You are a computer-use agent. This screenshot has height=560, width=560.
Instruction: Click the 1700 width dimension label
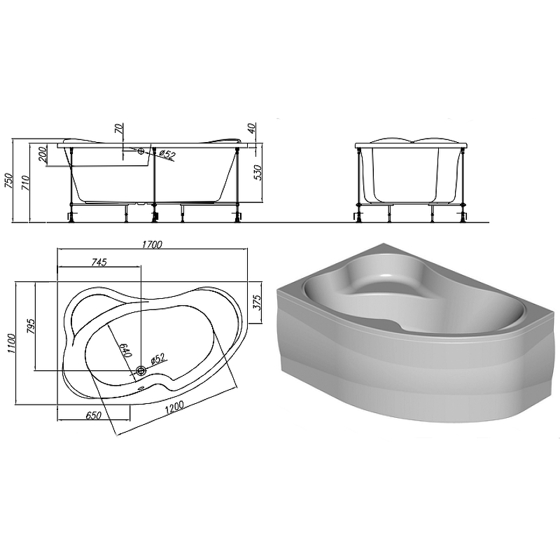152,244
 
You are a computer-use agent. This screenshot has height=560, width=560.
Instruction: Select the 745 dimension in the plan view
99,262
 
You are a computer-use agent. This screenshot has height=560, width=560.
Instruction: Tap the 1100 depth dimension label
10,343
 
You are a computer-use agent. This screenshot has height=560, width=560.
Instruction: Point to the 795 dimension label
31,326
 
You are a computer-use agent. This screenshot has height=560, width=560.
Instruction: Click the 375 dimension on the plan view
257,302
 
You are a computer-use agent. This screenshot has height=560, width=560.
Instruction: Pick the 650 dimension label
94,415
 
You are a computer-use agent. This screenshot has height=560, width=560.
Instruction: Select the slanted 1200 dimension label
174,408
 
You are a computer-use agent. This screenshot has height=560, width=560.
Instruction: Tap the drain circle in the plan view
141,371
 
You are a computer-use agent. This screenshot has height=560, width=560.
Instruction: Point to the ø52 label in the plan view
157,358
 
